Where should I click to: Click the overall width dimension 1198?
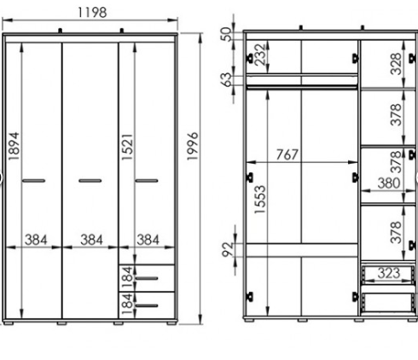92,13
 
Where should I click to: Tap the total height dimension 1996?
193,146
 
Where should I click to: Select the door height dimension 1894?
14,146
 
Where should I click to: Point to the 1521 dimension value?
127,147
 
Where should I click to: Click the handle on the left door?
33,181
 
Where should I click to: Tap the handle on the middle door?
90,181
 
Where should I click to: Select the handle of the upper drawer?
147,278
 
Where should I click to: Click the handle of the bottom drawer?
147,305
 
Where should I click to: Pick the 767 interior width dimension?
287,154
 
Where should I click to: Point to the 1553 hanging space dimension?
260,200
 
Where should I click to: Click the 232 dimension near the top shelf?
260,55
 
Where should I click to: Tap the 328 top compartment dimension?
396,64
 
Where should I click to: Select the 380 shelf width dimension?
389,183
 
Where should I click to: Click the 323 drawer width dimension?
389,273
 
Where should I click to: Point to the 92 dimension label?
228,249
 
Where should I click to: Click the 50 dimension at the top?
227,34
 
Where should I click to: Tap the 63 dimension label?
227,79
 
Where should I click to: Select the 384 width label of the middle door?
91,240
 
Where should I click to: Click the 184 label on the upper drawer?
127,277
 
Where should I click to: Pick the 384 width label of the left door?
36,240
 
